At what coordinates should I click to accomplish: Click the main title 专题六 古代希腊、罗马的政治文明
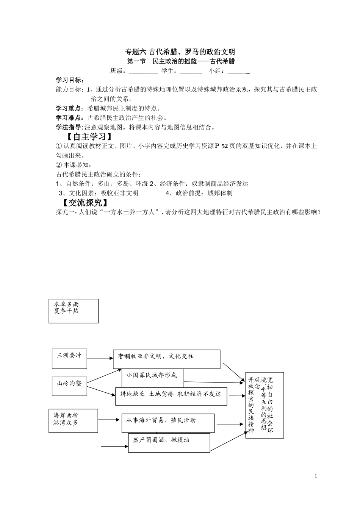point(180,52)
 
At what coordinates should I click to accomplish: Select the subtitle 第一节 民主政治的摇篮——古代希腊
point(180,61)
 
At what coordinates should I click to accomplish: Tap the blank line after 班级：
point(143,71)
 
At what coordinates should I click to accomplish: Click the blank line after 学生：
point(191,71)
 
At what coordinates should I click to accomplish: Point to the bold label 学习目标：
point(70,80)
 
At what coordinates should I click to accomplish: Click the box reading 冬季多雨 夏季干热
point(74,311)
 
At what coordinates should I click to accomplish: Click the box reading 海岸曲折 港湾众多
point(73,420)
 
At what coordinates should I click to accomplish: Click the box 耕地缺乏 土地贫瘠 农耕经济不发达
point(171,396)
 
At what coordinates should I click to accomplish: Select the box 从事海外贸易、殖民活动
point(168,423)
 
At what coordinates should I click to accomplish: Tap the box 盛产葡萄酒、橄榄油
point(169,442)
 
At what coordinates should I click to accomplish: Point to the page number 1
point(316,476)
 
